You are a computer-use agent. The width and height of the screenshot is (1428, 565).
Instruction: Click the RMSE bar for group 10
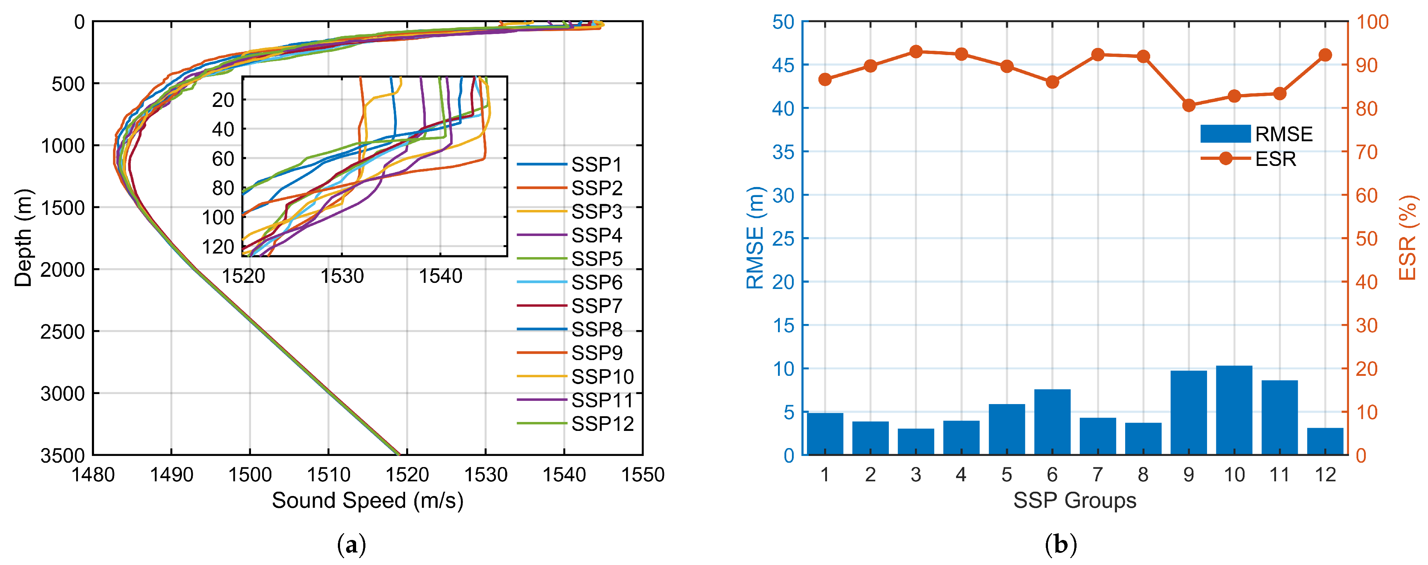[1234, 410]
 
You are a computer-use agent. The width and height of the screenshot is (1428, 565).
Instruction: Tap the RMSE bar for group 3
[916, 442]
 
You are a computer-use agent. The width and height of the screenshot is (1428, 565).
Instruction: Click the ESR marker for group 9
[1188, 105]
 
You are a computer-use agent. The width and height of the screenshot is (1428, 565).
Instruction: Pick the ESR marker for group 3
[916, 51]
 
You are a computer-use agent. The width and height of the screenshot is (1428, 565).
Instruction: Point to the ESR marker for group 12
[1325, 55]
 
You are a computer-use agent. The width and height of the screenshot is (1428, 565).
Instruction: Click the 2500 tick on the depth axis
[62, 331]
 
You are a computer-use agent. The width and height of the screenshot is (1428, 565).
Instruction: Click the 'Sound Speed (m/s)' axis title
[367, 501]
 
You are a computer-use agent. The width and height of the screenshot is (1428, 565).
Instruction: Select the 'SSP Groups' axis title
[1074, 501]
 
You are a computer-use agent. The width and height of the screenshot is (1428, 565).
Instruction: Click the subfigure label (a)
[351, 546]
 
